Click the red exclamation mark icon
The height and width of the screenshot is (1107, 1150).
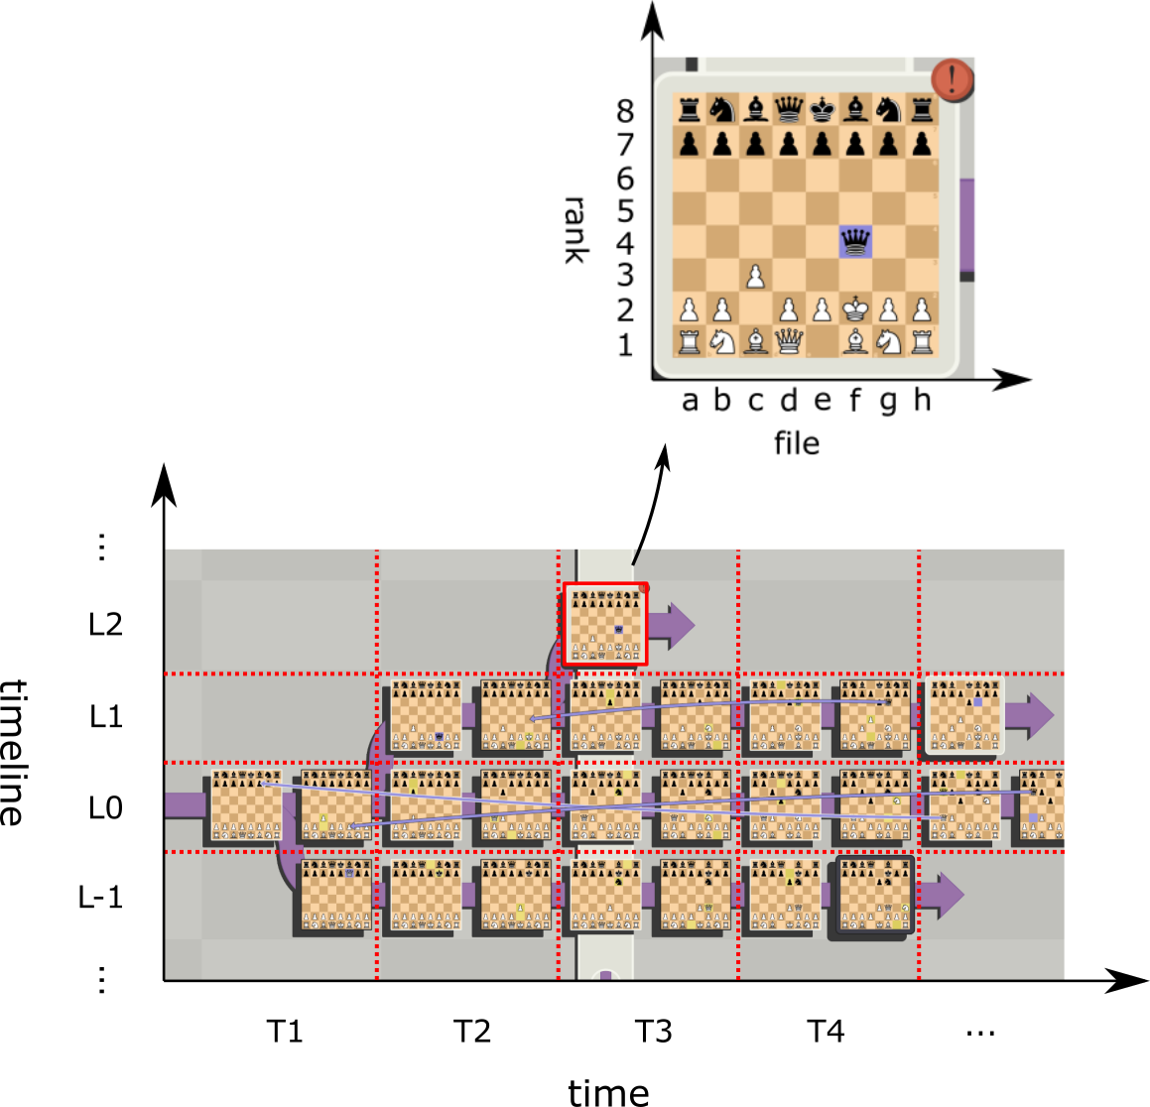(x=952, y=79)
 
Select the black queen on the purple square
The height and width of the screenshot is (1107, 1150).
(x=854, y=241)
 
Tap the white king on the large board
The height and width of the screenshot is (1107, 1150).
(x=854, y=308)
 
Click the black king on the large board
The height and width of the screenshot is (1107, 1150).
(x=822, y=109)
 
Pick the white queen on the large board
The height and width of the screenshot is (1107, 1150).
(x=789, y=341)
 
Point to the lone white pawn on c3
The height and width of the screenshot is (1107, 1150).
(x=755, y=275)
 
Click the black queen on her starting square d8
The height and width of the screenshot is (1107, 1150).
(x=789, y=109)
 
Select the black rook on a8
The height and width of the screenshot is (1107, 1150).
(x=689, y=109)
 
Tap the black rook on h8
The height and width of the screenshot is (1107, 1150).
(x=922, y=109)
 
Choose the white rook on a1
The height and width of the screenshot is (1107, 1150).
(x=689, y=341)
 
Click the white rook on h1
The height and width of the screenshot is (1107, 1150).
(x=922, y=341)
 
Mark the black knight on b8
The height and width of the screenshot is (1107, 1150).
(x=722, y=109)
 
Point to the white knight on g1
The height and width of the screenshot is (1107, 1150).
(x=888, y=341)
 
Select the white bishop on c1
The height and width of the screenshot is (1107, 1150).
(x=755, y=341)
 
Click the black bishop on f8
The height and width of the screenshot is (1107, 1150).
(x=854, y=109)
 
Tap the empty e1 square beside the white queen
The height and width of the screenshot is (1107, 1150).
(x=822, y=341)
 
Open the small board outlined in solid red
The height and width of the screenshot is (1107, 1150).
(x=605, y=624)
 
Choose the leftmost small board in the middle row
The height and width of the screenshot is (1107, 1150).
(x=246, y=804)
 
